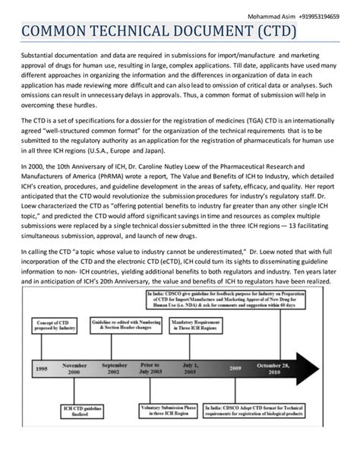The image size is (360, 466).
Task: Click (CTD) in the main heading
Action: tap(268, 31)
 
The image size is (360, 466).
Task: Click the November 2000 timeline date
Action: tap(74, 368)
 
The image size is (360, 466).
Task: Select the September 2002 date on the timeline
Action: tap(115, 368)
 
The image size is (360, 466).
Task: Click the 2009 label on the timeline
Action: tap(236, 368)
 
